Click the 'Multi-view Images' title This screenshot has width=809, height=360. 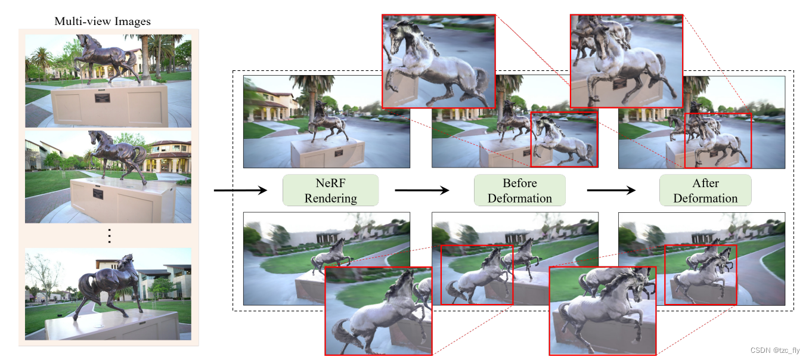103,21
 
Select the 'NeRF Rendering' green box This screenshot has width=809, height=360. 330,190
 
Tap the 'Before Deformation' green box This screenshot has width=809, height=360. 519,190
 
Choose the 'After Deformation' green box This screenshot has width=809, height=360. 705,190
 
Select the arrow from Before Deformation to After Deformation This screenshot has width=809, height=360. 610,191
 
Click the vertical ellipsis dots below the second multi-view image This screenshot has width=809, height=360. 109,236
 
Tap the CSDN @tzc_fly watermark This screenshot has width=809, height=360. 775,350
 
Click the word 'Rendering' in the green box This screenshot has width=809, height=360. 330,198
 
